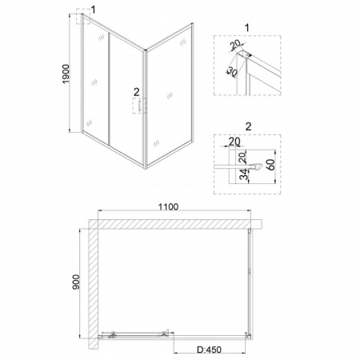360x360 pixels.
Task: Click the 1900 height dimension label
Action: coord(66,74)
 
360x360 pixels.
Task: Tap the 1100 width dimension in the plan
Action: coord(169,206)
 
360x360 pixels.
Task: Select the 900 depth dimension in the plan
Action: coord(76,282)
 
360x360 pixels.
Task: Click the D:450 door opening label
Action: coord(210,350)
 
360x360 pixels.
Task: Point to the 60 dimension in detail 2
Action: coord(270,165)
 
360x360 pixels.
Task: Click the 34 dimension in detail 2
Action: coord(244,174)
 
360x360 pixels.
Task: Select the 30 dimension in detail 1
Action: coord(232,71)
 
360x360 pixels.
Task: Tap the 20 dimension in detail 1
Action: coord(235,44)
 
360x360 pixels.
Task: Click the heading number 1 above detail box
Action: coord(247,28)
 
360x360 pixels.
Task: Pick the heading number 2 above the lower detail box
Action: coord(248,126)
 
